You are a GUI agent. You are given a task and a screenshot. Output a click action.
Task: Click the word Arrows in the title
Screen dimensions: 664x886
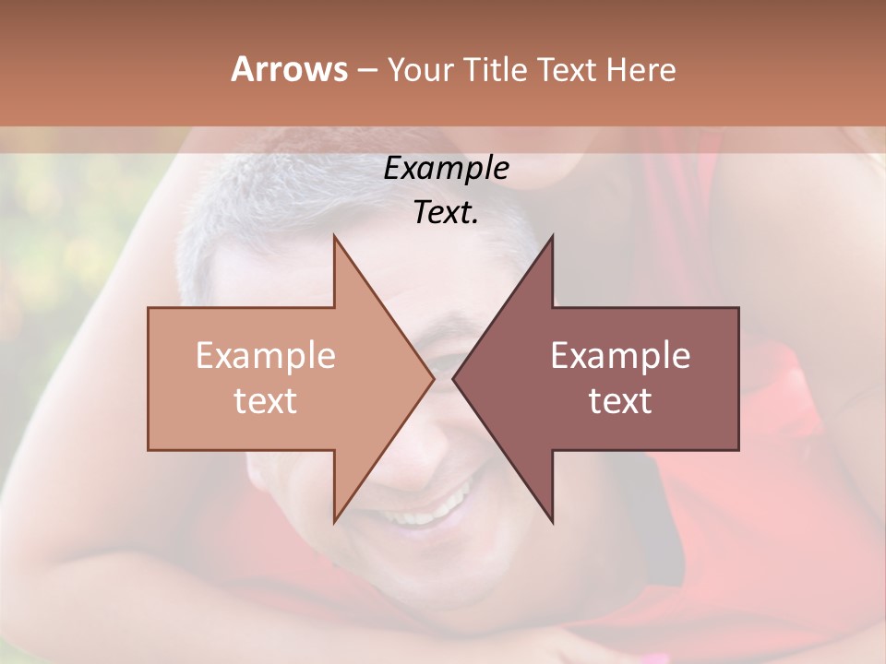pyautogui.click(x=289, y=69)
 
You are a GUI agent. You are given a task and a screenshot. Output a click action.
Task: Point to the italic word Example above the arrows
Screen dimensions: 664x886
pyautogui.click(x=446, y=169)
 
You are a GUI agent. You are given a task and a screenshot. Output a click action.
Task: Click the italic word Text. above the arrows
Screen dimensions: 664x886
pyautogui.click(x=446, y=212)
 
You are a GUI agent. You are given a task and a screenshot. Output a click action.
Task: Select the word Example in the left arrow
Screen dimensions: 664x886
pyautogui.click(x=265, y=355)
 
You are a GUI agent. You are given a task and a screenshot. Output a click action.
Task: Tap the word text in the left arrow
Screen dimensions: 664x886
pyautogui.click(x=265, y=400)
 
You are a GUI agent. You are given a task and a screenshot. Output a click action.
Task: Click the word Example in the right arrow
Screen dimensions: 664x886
pyautogui.click(x=620, y=355)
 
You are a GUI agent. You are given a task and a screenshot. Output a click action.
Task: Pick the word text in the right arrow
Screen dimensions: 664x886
pyautogui.click(x=620, y=400)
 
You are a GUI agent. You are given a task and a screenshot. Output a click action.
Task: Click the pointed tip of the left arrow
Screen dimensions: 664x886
pyautogui.click(x=433, y=378)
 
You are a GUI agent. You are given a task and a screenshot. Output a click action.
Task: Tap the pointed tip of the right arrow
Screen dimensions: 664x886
pyautogui.click(x=454, y=378)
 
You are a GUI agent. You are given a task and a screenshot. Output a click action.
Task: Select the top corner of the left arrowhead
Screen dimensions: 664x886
pyautogui.click(x=334, y=237)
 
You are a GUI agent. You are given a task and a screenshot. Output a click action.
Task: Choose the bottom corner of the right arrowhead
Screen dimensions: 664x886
pyautogui.click(x=553, y=522)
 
